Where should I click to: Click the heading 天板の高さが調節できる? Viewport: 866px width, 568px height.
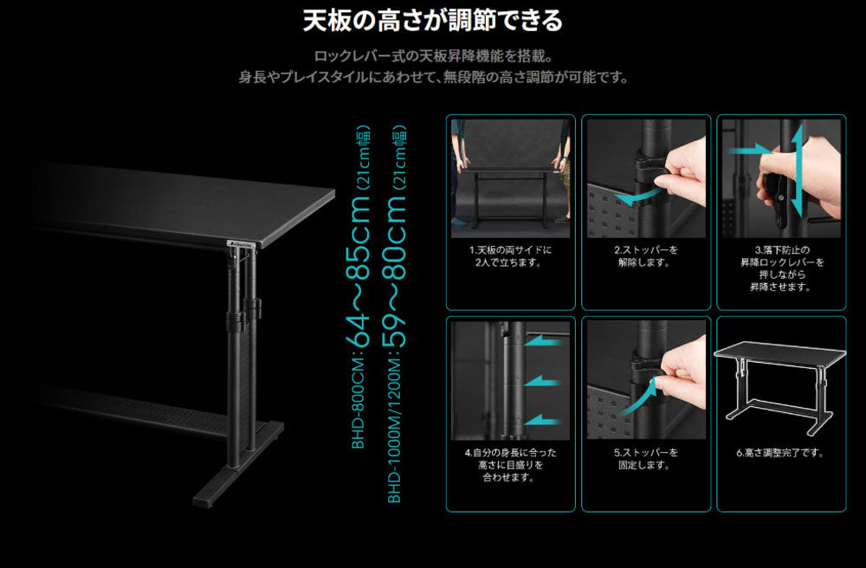tap(432, 20)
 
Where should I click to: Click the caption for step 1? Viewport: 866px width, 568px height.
tap(510, 255)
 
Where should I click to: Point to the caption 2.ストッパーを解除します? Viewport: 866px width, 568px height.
tap(645, 255)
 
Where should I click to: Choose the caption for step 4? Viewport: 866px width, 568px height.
tap(510, 465)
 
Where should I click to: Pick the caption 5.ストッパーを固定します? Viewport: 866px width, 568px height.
tap(645, 459)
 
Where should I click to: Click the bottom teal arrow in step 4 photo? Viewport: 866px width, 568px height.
tap(546, 419)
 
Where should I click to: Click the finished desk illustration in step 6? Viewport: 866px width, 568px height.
tap(779, 381)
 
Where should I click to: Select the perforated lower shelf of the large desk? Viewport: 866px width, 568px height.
tap(147, 407)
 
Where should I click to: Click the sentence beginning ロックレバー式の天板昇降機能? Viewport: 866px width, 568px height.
tap(432, 56)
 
